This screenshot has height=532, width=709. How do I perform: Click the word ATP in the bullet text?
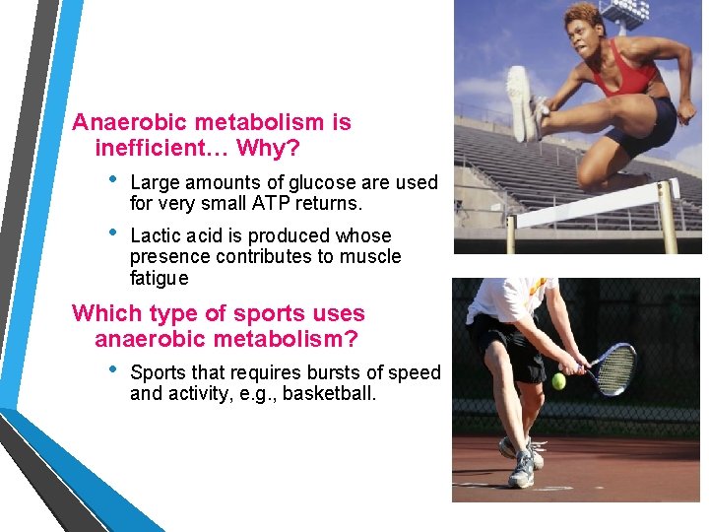[x=272, y=205]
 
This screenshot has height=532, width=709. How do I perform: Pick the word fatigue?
[x=159, y=279]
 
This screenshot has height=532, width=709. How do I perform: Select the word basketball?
[x=329, y=395]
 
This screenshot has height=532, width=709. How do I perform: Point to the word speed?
[x=418, y=373]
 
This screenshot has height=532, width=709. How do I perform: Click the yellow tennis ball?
[x=558, y=381]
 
